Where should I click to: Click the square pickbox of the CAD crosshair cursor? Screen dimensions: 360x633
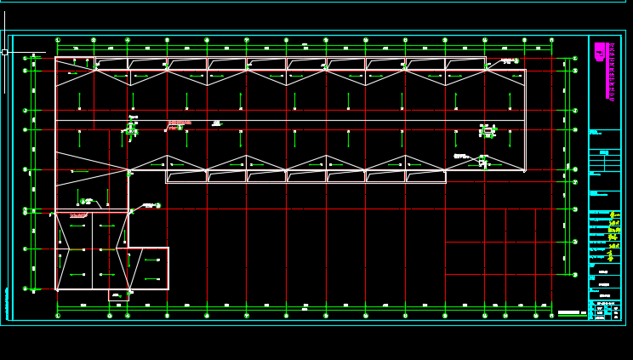(4, 52)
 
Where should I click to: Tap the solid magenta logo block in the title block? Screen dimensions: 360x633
(600, 51)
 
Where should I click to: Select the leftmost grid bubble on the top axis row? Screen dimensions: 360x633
(58, 40)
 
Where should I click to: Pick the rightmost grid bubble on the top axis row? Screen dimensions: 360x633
(551, 40)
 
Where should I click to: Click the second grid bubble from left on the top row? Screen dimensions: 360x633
(94, 40)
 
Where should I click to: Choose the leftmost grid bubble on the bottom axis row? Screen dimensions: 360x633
(58, 316)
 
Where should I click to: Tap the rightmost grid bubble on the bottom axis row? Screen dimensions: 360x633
(551, 316)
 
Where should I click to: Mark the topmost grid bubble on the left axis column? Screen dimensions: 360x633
(25, 59)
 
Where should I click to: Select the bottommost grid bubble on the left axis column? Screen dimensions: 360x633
(25, 289)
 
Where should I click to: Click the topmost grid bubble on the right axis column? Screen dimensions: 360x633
(575, 59)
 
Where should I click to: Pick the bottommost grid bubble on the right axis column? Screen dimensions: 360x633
(575, 276)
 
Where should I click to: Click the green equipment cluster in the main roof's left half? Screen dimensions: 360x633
(132, 129)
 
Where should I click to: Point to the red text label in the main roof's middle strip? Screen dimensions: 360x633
(179, 123)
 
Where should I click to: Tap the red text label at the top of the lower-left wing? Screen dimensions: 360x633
(78, 215)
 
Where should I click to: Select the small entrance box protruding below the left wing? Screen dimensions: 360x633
(118, 295)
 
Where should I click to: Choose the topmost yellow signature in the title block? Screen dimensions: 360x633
(613, 215)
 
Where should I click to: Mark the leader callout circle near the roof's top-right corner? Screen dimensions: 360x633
(516, 61)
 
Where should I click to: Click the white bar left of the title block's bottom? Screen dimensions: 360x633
(568, 313)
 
